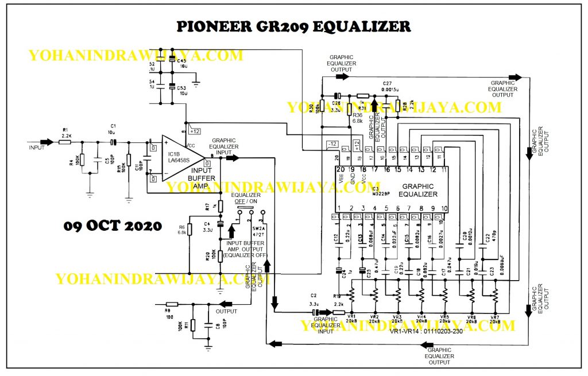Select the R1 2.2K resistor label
(x=65, y=131)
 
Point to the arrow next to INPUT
(x=47, y=141)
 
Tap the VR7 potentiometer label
(x=494, y=317)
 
